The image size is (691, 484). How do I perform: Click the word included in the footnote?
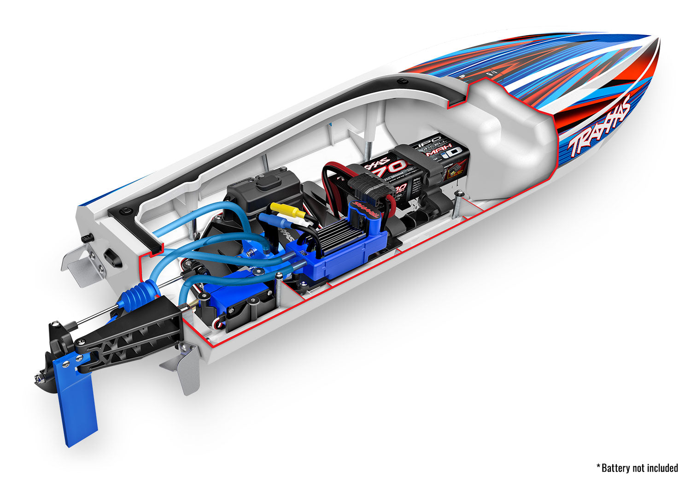pos(662,468)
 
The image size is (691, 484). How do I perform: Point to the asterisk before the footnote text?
pos(598,467)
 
